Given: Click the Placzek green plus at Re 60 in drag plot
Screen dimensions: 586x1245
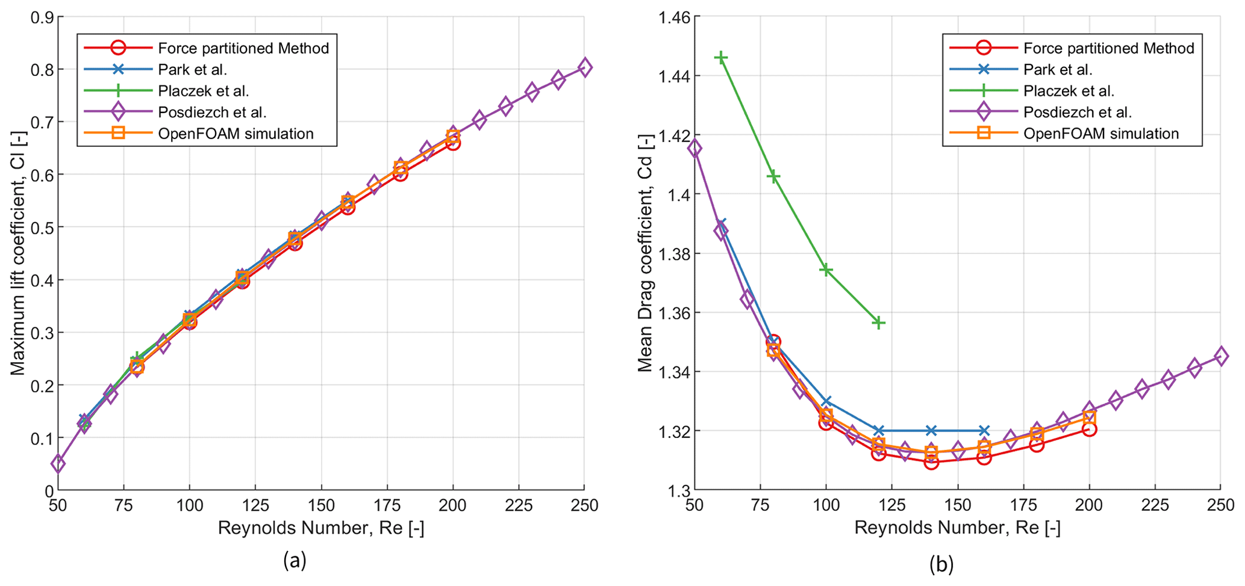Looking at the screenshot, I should click(x=720, y=58).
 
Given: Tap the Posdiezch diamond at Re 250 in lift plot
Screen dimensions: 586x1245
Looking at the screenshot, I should click(x=584, y=67).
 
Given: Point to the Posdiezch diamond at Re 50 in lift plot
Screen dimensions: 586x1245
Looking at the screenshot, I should click(x=58, y=463).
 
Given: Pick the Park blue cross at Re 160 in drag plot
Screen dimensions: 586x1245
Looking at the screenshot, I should click(x=984, y=431).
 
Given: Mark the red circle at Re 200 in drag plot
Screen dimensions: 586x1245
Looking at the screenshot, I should click(x=1089, y=429).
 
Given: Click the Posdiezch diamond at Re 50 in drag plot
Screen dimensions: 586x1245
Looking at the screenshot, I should click(x=694, y=148).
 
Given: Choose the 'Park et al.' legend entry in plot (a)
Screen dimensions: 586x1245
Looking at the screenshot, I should click(x=192, y=70).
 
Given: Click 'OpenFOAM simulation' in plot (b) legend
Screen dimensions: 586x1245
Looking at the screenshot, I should click(x=1101, y=134).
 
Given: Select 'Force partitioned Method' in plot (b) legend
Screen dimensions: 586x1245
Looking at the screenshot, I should click(x=1108, y=48).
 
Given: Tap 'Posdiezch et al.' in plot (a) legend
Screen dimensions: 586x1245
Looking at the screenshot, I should click(x=212, y=113).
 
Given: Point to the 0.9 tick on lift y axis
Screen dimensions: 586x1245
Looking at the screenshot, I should click(x=40, y=17).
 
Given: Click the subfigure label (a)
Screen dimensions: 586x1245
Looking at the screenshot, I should click(x=295, y=561).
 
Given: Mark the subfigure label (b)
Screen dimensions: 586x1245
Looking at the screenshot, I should click(x=941, y=564).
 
